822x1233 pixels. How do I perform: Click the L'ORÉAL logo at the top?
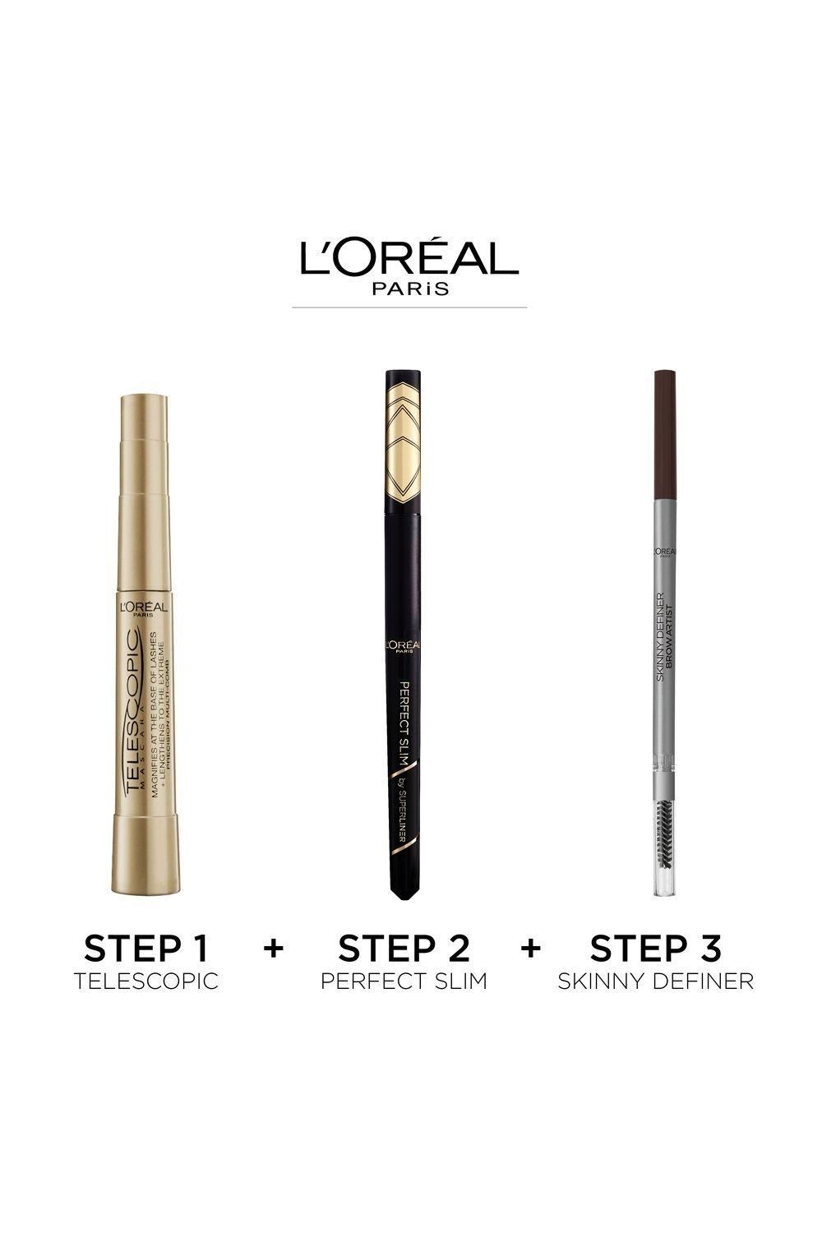[409, 257]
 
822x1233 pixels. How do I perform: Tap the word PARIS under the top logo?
[410, 289]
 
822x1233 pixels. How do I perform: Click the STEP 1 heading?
[146, 949]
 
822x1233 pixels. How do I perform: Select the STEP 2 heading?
[404, 949]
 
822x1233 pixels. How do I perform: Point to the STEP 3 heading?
[656, 949]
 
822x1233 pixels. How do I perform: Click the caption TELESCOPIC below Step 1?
[146, 981]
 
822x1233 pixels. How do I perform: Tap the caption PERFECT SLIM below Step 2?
[404, 981]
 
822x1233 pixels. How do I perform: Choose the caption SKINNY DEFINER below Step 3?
[656, 981]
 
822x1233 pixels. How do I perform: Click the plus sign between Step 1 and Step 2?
[274, 948]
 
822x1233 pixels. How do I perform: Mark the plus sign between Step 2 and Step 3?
[531, 948]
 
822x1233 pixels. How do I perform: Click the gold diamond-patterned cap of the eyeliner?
[404, 436]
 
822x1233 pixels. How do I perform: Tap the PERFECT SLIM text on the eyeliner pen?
[404, 707]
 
